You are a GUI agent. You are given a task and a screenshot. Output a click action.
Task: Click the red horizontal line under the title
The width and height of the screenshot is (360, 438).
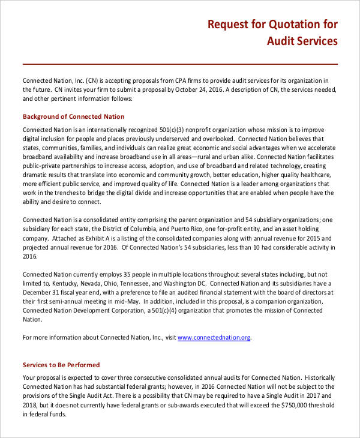pyautogui.click(x=180, y=64)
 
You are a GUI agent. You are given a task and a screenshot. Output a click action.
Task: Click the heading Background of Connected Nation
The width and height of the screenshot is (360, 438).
pyautogui.click(x=74, y=116)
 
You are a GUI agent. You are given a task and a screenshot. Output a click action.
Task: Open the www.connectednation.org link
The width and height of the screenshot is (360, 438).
pyautogui.click(x=214, y=338)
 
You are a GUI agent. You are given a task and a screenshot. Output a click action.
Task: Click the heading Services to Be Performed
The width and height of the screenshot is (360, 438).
pyautogui.click(x=61, y=365)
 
